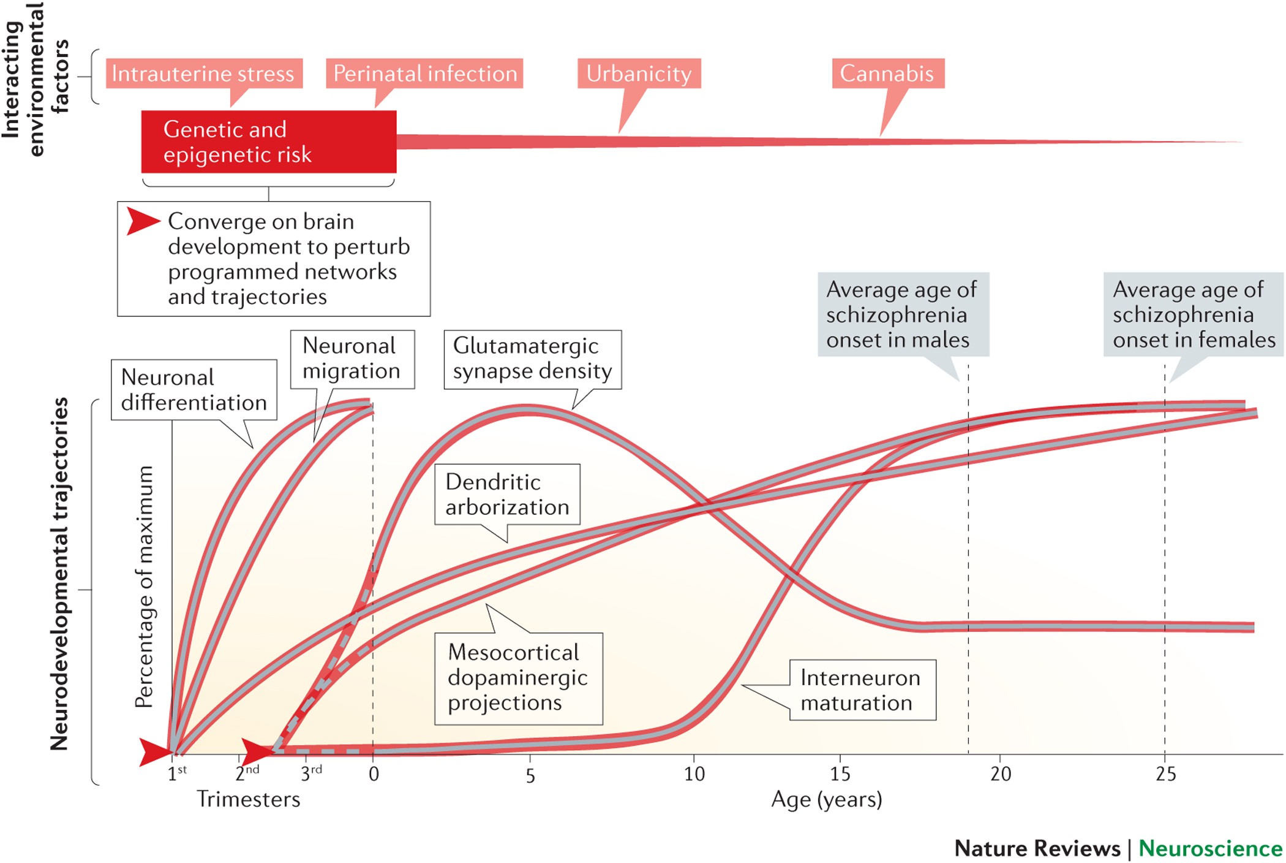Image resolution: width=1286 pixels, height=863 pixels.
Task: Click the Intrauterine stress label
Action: point(203,74)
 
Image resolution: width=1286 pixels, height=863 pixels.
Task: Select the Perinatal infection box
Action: point(424,74)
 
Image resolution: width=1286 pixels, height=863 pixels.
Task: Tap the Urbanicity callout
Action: point(639,74)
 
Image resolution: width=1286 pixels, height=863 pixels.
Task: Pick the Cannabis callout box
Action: point(887,74)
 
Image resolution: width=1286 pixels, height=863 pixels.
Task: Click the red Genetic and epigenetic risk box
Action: point(268,142)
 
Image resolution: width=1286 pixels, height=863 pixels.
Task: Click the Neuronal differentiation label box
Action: point(194,390)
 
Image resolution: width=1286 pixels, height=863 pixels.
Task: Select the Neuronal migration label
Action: point(352,359)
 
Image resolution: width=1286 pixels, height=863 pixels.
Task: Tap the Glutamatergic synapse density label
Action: point(532,359)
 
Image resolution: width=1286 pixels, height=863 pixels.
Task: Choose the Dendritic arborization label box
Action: point(506,494)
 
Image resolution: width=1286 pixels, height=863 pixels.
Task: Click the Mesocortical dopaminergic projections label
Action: point(517,678)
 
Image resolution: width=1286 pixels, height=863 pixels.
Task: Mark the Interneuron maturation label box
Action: point(862,690)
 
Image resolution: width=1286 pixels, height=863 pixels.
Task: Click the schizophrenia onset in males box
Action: point(903,314)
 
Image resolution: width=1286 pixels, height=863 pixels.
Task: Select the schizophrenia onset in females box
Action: point(1193,314)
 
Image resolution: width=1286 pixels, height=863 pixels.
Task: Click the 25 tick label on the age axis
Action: point(1165,774)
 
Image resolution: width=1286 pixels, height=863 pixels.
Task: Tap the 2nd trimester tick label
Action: point(247,772)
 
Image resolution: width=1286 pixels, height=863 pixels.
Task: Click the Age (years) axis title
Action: point(826,799)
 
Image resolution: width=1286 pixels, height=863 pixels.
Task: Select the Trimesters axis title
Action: point(248,799)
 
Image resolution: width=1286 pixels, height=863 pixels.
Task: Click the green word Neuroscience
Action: point(1210,848)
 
